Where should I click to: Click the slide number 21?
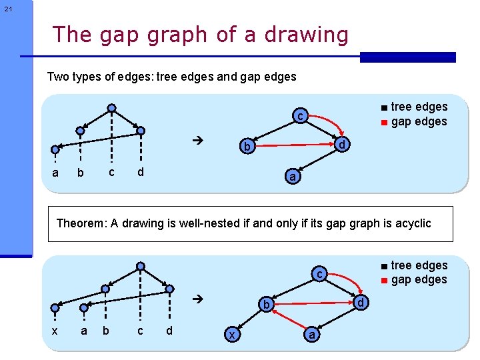point(7,9)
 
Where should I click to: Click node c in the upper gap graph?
point(301,117)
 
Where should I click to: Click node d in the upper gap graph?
point(341,145)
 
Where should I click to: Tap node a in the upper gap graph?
point(292,177)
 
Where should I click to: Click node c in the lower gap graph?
point(320,274)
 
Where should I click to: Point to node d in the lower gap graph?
point(361,303)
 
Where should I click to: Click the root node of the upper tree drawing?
point(112,108)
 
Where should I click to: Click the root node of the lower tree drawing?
point(140,266)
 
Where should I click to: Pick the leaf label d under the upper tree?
point(140,173)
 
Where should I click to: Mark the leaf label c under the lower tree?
point(140,331)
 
